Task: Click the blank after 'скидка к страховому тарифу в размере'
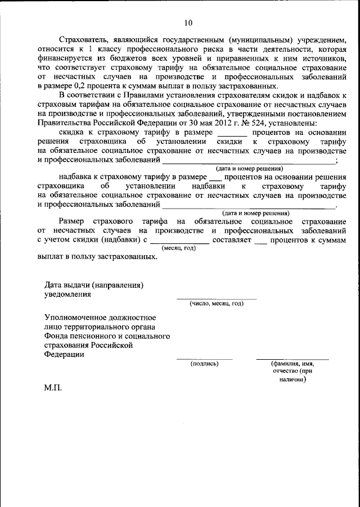point(232,134)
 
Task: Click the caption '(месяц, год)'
point(178,248)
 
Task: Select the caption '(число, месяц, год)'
point(216,304)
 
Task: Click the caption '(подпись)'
point(205,363)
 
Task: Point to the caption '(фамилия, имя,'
point(292,363)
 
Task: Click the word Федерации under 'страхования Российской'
point(64,354)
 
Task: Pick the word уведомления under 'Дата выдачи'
point(67,294)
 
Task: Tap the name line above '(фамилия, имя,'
point(292,358)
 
